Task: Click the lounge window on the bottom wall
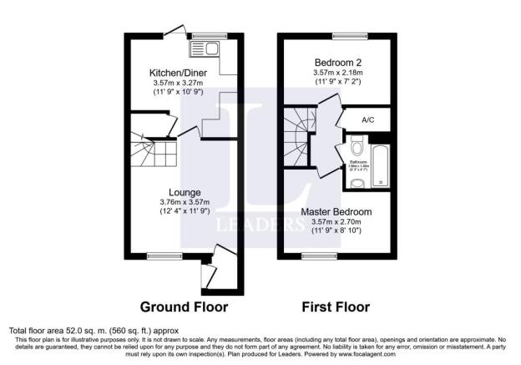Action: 159,255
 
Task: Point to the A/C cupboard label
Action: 368,119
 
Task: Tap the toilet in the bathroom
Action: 357,150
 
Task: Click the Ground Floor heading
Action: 183,307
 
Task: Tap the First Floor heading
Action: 336,307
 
